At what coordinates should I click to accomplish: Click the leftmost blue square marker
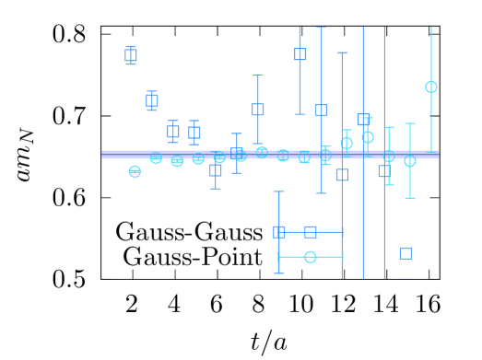[131, 55]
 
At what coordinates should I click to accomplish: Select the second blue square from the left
[152, 100]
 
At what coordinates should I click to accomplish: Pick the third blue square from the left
[173, 132]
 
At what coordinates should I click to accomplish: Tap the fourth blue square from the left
[194, 133]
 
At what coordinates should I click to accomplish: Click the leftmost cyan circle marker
[135, 171]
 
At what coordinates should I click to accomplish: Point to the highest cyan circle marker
[431, 87]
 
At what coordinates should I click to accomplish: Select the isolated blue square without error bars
[406, 253]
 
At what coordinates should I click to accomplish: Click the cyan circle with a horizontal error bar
[311, 257]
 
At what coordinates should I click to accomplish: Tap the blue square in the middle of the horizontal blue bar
[311, 232]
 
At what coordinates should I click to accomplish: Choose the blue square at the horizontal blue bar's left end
[279, 232]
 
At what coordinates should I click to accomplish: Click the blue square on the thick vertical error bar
[300, 54]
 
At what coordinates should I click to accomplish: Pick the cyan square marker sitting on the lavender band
[304, 157]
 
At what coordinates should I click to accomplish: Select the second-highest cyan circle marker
[368, 137]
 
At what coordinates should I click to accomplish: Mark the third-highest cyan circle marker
[347, 143]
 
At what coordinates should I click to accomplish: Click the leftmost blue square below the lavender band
[216, 170]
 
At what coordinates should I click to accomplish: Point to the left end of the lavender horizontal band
[102, 155]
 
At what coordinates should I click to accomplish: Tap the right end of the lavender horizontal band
[439, 155]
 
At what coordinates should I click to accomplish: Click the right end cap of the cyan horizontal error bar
[343, 257]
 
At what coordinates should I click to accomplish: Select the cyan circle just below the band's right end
[410, 161]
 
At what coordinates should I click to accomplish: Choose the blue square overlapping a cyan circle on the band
[237, 154]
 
